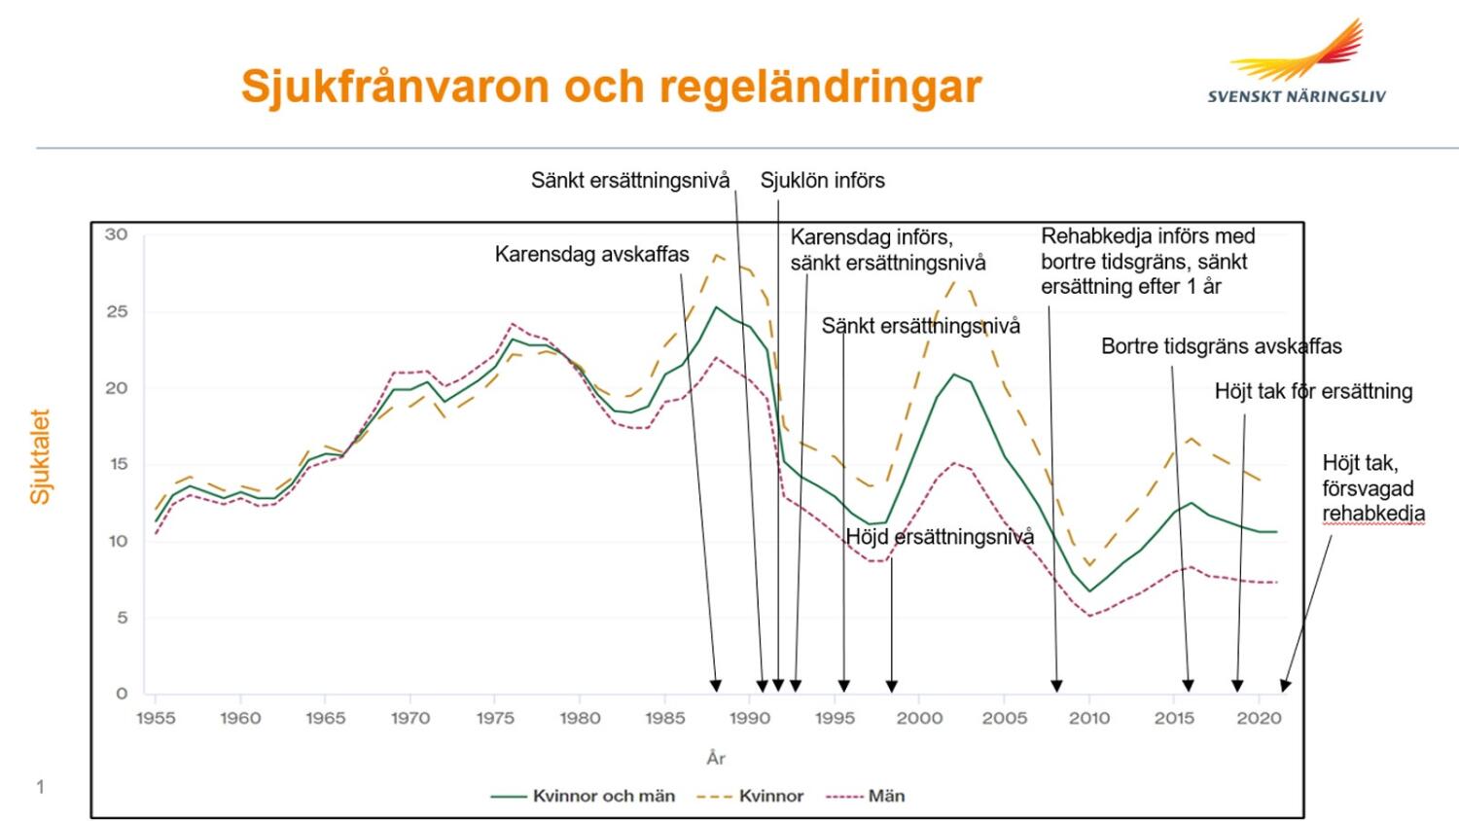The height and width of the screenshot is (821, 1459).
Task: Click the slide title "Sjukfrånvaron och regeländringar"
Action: coord(611,87)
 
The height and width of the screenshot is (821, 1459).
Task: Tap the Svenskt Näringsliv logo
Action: coord(1297,61)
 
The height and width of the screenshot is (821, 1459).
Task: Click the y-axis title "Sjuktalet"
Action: coord(40,456)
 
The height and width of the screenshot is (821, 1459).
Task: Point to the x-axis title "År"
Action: coord(716,758)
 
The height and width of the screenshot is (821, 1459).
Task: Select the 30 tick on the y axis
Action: coord(116,234)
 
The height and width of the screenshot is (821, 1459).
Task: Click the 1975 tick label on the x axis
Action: coord(495,718)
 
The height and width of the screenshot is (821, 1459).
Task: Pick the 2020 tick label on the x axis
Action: coord(1259,718)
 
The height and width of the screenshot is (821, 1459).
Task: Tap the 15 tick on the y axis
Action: coord(118,464)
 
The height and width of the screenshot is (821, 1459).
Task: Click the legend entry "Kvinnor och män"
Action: coord(583,796)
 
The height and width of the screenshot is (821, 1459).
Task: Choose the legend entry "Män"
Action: coord(865,796)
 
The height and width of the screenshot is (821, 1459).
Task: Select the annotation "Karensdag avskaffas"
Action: coord(591,254)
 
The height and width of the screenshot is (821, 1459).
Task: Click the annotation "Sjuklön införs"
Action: coord(823,181)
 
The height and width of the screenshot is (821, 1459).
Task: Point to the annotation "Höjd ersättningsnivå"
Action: coord(940,537)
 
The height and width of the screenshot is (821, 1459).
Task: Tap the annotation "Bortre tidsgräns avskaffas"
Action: coord(1222,346)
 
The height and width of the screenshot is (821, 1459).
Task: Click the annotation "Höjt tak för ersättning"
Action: coord(1314,392)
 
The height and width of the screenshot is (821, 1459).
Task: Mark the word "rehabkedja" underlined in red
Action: coord(1373,515)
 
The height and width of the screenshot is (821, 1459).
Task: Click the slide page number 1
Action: coord(41,787)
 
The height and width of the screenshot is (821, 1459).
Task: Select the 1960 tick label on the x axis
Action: coord(240,718)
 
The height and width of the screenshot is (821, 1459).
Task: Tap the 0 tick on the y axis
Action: coord(122,694)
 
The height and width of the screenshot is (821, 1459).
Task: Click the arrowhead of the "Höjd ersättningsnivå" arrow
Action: coord(892,686)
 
